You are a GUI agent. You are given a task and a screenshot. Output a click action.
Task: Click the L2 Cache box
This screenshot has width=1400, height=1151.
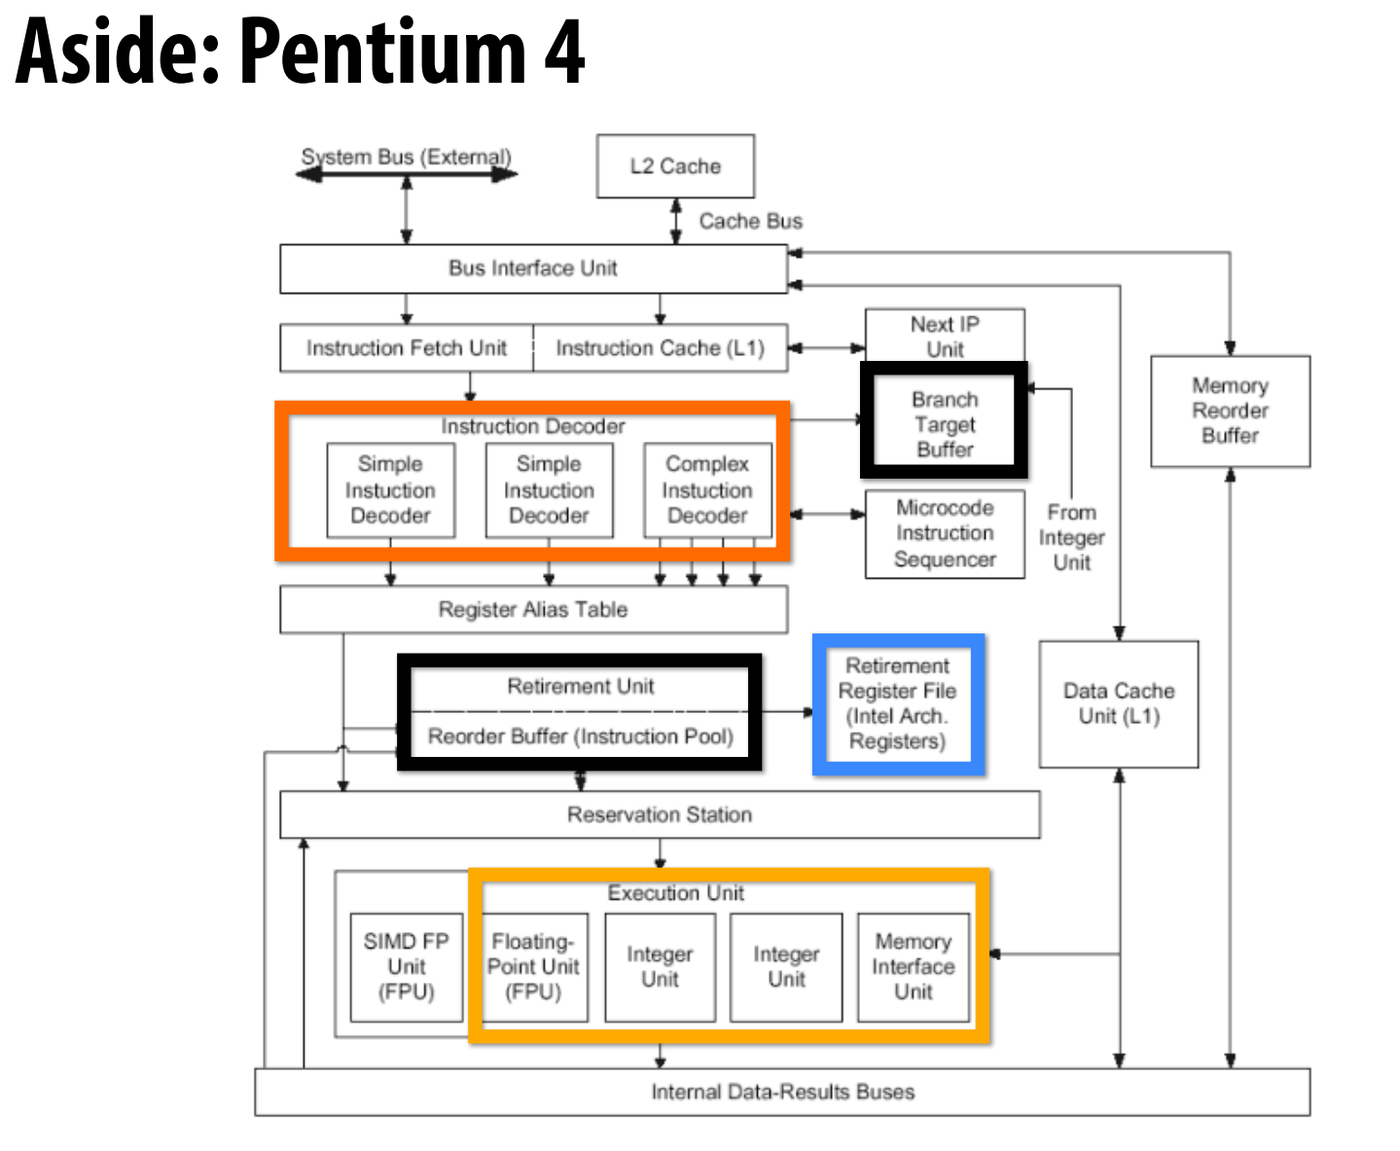[675, 166]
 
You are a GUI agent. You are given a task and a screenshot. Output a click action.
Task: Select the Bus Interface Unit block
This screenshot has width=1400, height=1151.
[533, 269]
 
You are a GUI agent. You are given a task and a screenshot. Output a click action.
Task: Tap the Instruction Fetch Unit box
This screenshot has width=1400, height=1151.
[406, 348]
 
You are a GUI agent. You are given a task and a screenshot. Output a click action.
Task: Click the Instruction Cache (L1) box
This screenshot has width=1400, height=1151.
[660, 348]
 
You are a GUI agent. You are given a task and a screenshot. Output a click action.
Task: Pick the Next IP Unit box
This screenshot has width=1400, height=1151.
[945, 336]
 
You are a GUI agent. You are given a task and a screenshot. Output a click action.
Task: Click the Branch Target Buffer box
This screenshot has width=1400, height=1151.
[944, 424]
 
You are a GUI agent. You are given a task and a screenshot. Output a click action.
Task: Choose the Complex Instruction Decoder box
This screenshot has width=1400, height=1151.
[707, 490]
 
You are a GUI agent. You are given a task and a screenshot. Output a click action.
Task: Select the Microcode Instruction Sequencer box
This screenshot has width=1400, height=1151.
[945, 534]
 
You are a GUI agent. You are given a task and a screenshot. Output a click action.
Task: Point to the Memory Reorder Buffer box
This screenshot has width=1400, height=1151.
[1230, 411]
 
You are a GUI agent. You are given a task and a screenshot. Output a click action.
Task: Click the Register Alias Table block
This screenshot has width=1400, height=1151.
[533, 610]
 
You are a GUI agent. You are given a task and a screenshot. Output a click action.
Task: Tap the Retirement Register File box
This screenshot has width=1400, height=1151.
[898, 704]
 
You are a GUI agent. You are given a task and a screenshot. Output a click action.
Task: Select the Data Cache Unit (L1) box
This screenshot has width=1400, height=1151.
[1119, 703]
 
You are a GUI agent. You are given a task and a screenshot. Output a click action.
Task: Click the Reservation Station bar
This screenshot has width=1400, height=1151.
[660, 814]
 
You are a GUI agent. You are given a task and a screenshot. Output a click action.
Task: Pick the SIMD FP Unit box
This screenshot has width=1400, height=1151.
[407, 967]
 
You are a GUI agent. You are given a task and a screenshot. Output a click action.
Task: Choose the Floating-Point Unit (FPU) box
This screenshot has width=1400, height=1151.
[533, 967]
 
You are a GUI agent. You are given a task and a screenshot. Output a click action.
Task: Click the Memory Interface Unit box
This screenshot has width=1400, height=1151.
[913, 967]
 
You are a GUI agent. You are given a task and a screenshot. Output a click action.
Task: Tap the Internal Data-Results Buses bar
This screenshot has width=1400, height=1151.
[782, 1092]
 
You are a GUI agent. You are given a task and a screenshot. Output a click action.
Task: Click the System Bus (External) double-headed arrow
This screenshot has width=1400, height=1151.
[407, 174]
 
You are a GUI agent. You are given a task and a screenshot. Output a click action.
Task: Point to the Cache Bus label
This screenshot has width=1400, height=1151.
[750, 222]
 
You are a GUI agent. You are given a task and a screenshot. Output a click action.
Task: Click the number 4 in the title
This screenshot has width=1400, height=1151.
[564, 53]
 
